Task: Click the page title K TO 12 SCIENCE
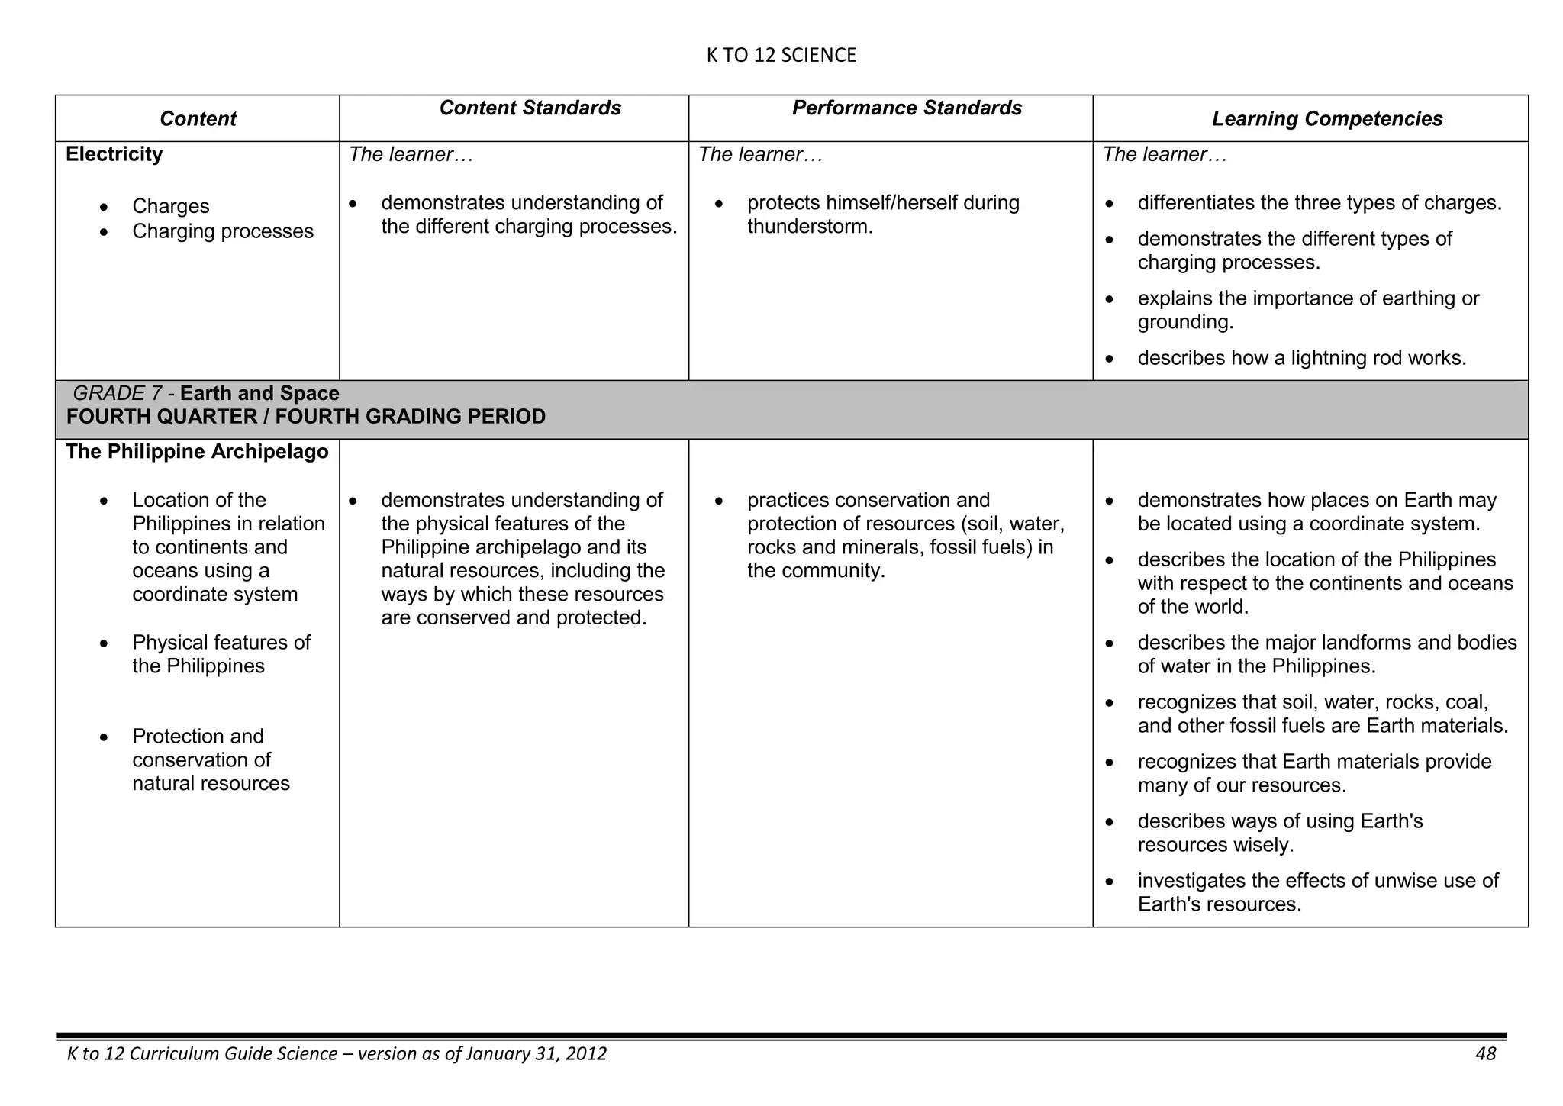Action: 781,55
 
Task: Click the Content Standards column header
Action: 530,108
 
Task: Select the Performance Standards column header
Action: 907,108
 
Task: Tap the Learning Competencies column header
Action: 1326,119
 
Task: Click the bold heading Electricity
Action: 114,154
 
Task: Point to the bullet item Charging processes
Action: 222,231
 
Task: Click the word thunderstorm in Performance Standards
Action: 809,227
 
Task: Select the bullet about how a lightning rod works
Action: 1301,358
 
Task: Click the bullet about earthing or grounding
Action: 1307,310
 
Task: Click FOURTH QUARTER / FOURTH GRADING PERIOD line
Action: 305,417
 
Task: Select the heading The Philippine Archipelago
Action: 197,452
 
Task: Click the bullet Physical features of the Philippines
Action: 221,654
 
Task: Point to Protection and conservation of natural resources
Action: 211,759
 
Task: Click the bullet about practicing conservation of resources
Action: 905,535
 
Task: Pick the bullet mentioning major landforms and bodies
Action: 1326,654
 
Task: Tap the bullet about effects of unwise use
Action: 1317,892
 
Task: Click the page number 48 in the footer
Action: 1485,1054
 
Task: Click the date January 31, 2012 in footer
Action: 535,1054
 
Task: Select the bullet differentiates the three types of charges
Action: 1319,203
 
